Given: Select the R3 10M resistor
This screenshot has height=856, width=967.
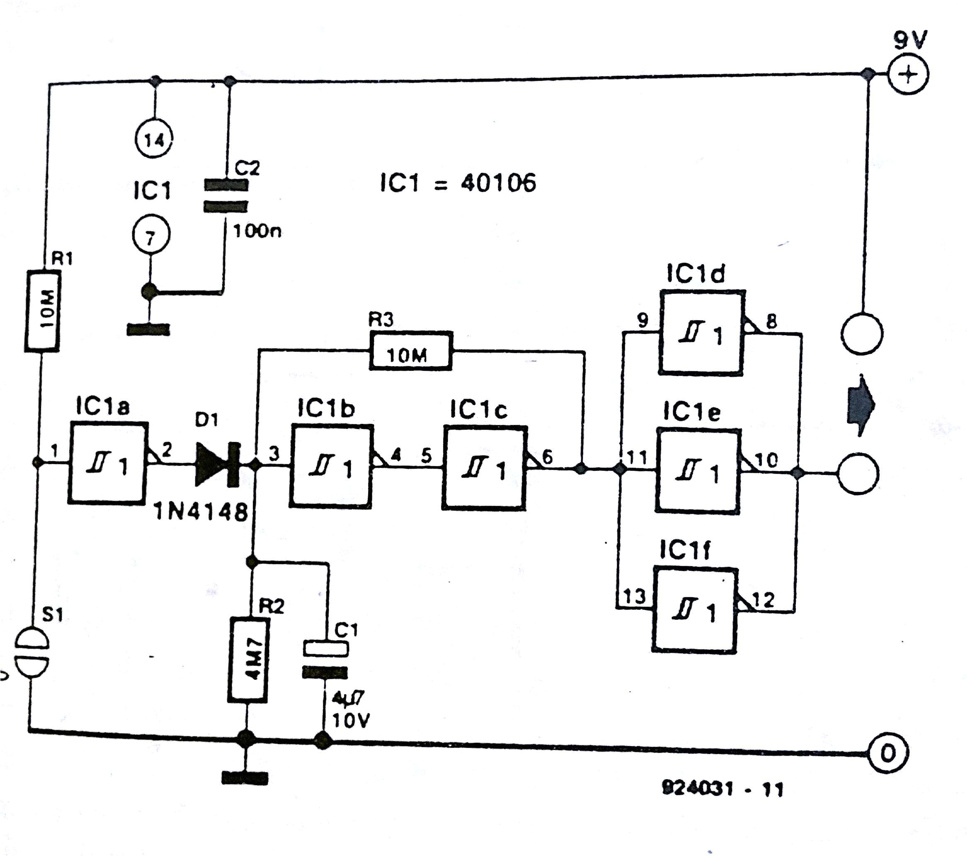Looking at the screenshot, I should (410, 352).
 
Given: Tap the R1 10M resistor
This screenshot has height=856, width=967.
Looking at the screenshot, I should (43, 311).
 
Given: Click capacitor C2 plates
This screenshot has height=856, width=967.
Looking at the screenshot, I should (226, 195).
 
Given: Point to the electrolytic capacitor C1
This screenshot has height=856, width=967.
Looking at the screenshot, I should (325, 660).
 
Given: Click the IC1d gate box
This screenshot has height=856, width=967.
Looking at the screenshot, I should (702, 333).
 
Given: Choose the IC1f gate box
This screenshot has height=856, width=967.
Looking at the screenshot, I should (695, 610).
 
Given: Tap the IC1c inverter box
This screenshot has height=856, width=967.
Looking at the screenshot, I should (484, 467).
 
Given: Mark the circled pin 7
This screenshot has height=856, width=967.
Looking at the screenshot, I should (151, 236).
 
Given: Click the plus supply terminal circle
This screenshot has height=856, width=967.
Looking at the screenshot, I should (907, 74).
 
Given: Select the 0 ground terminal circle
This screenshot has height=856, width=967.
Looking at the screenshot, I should (887, 753).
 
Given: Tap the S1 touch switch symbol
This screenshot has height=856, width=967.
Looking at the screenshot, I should (32, 654).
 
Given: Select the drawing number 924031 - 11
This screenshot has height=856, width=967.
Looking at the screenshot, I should (722, 788).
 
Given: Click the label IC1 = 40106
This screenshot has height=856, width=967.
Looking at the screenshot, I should (458, 182).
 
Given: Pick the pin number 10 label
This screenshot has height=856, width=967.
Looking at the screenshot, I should (766, 459).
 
